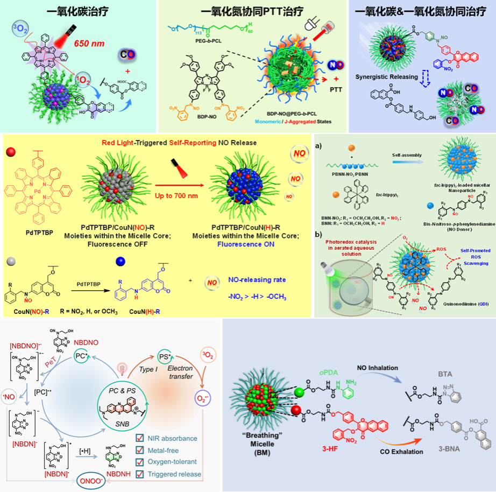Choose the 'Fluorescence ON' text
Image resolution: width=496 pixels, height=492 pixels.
[x=243, y=244]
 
